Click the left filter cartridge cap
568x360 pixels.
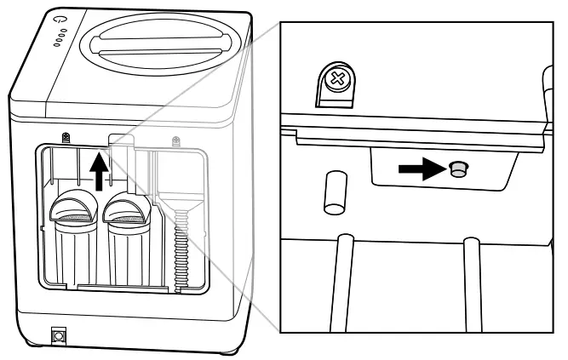[x=74, y=207]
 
